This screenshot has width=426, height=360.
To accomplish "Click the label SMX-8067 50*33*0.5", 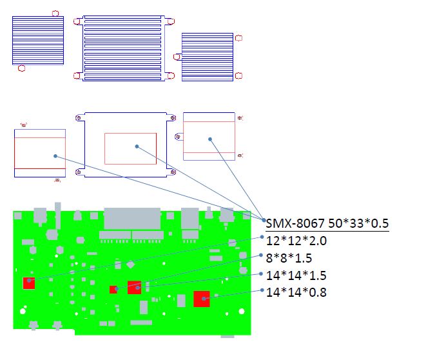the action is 327,223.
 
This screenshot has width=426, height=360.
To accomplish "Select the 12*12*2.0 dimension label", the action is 296,241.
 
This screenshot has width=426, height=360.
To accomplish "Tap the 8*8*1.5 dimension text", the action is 289,258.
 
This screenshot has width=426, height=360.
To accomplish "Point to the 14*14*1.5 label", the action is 296,275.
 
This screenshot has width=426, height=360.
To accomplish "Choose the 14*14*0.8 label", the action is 296,292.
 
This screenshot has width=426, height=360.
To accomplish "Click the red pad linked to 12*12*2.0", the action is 29,283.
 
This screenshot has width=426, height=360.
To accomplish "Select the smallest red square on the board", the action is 113,290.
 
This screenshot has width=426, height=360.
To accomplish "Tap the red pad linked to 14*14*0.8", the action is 202,299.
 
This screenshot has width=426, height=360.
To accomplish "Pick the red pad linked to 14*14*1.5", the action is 134,287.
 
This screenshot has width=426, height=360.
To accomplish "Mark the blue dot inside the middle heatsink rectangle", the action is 137,146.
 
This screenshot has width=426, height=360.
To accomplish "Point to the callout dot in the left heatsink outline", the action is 55,156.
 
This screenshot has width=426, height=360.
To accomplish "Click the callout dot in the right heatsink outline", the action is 210,139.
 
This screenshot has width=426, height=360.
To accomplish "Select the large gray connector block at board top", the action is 132,219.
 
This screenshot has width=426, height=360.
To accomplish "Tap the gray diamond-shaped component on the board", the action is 131,265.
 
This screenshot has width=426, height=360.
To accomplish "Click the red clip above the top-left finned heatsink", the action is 55,14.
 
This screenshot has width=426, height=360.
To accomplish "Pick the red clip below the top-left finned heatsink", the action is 21,68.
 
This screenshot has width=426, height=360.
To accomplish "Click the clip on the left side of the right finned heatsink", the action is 177,57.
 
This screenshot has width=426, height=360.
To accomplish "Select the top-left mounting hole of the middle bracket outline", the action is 79,118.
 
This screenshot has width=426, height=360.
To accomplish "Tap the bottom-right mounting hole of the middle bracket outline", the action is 173,172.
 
